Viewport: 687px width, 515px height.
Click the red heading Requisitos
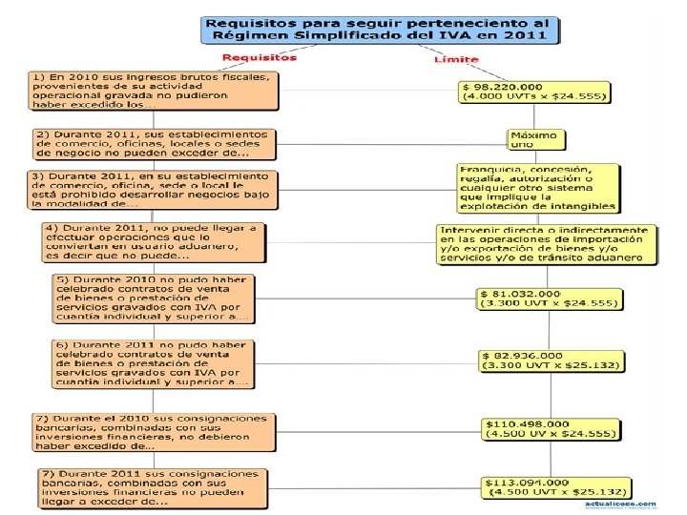(260, 57)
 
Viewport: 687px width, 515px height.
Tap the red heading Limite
(456, 58)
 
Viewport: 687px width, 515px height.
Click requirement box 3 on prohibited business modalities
(153, 190)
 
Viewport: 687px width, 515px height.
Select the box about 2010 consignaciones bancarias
(153, 431)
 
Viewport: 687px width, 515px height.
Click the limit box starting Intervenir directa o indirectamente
(548, 244)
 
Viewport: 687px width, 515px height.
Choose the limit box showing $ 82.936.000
(552, 360)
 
